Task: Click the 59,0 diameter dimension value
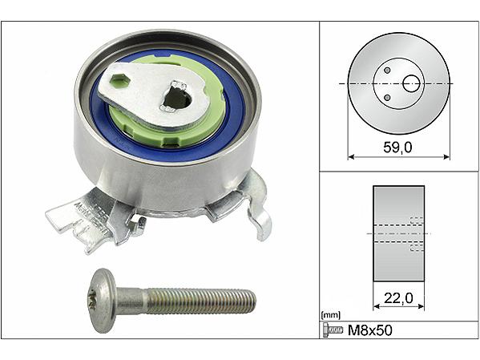tap(397, 148)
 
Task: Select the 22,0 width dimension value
tap(398, 298)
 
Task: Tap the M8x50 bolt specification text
tap(370, 330)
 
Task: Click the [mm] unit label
tap(331, 315)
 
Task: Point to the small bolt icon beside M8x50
tap(333, 330)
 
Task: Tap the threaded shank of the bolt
tap(200, 301)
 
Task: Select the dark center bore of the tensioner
tap(178, 99)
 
